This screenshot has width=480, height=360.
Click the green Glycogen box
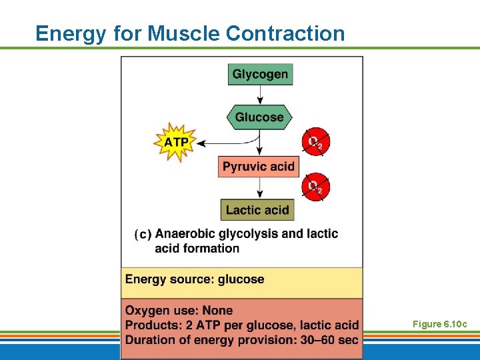coord(260,74)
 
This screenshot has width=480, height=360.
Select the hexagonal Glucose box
coord(259,117)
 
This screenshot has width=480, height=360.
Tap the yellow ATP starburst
coord(177,142)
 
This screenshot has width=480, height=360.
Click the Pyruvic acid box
coord(258,167)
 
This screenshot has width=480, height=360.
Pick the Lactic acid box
coord(257,210)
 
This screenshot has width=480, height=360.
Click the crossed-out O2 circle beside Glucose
coord(315,141)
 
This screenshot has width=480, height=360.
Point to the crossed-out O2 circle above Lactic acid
coord(315,187)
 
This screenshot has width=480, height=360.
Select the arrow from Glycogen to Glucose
coord(260,95)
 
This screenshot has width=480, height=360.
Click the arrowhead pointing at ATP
coord(203,143)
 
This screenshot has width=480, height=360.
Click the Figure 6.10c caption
coord(439,324)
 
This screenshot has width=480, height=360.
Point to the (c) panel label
coord(143,235)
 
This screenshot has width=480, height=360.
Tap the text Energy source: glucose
coord(195,279)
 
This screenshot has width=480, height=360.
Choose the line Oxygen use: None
coord(179,311)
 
